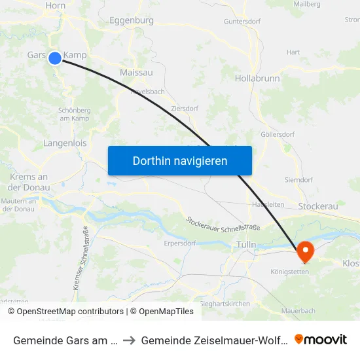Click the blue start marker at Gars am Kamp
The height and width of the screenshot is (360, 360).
coord(55,58)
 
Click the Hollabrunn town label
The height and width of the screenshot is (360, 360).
coord(257,78)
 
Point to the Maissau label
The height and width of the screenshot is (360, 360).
coord(136,72)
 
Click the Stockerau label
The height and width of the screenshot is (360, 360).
coord(317,206)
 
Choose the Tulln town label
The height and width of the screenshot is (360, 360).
coord(246,245)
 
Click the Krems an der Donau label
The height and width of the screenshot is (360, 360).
coord(29,182)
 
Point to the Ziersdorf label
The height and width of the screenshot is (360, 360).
coord(184,109)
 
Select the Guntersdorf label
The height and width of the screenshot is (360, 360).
coord(243,21)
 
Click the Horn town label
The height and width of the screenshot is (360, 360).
coord(56,5)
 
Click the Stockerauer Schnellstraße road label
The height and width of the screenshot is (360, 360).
coord(224,228)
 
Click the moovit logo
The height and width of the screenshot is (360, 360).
coord(321,339)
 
